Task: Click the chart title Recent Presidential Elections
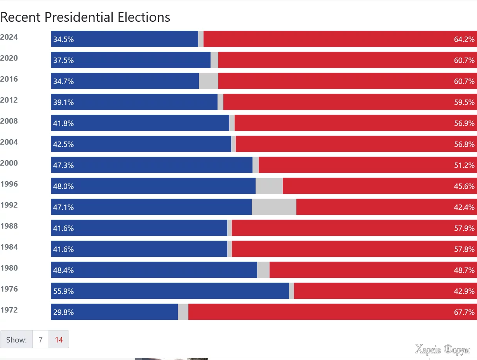coord(85,17)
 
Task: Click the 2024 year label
coord(9,37)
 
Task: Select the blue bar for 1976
coord(170,291)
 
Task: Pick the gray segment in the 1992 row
coord(274,207)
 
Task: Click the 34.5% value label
coord(63,39)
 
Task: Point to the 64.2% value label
coord(464,39)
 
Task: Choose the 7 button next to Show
coord(40,339)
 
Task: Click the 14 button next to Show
coord(59,339)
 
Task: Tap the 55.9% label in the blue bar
coord(63,291)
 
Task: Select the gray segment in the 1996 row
coord(269,186)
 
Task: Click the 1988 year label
coord(9,226)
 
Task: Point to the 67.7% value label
coord(464,312)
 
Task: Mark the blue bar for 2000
coord(151,165)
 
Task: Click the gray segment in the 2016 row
coord(208,81)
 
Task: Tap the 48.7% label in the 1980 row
coord(464,270)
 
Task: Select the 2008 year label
coord(9,121)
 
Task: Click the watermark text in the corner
coord(442,350)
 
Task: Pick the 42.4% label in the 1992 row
coord(464,207)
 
